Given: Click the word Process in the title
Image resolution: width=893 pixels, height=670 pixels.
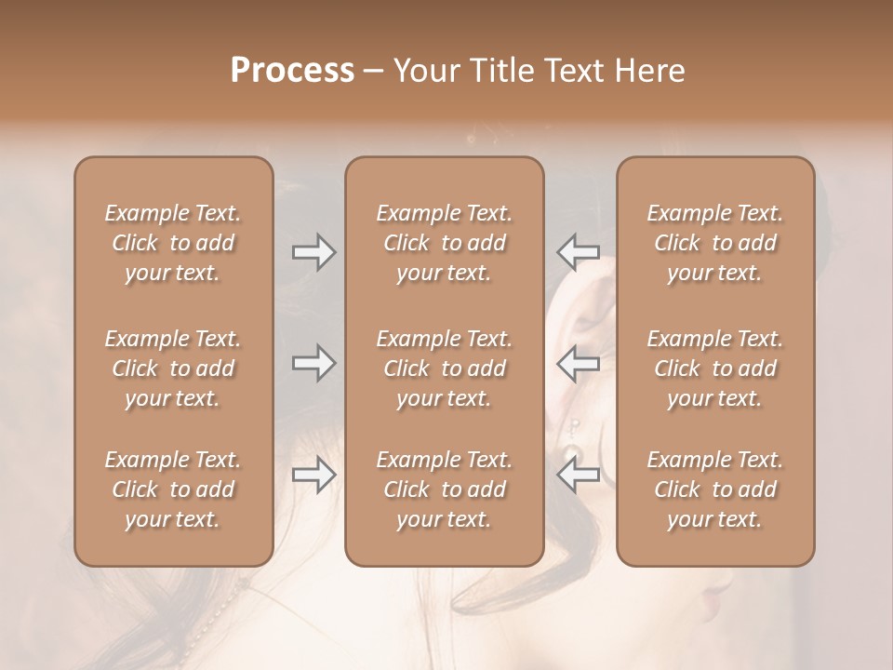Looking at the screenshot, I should (x=292, y=70).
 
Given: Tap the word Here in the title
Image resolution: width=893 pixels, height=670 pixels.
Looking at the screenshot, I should (x=648, y=70).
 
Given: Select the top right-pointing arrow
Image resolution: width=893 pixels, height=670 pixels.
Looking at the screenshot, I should (x=313, y=252).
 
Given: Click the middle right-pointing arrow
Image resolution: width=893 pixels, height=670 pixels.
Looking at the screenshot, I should (x=313, y=363).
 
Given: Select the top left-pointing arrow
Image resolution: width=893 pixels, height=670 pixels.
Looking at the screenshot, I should (x=578, y=252).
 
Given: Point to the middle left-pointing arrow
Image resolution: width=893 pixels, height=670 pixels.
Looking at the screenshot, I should (x=578, y=363).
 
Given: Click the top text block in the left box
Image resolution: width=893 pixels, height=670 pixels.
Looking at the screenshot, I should (x=173, y=243).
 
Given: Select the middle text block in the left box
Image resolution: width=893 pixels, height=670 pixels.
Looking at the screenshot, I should (x=173, y=368).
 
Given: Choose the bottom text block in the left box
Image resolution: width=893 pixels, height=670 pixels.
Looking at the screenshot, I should (x=173, y=489).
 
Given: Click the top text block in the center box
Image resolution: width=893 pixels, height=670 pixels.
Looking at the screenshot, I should (x=444, y=243).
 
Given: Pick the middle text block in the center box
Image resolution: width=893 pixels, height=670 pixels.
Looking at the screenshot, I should (x=444, y=368).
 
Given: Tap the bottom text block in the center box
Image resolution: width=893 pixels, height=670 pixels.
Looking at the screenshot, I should (x=444, y=489).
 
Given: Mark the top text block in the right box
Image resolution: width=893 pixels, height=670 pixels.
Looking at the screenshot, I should (x=715, y=243).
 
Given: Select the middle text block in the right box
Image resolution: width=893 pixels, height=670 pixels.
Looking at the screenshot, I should (x=715, y=368).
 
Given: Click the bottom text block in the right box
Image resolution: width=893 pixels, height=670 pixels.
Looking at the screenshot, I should (x=715, y=489).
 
